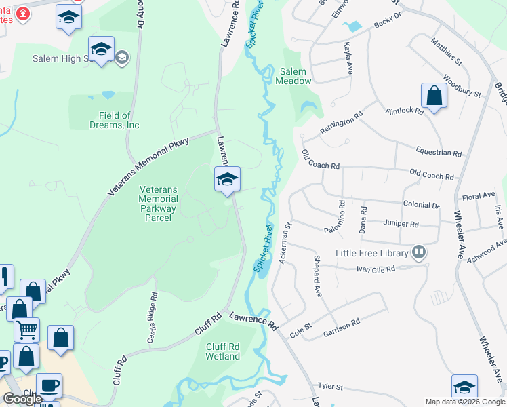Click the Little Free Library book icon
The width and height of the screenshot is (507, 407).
(420, 253)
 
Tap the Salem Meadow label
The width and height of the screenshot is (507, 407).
(293, 76)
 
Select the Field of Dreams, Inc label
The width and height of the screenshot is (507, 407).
(115, 120)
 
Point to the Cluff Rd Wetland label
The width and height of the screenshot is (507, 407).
(222, 351)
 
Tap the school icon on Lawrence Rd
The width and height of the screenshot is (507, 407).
(227, 180)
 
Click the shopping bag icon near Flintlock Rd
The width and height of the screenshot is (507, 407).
(434, 96)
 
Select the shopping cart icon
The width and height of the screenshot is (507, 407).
(26, 330)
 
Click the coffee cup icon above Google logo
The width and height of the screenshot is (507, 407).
(48, 385)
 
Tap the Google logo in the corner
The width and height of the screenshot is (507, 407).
(22, 399)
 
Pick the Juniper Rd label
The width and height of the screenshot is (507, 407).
(401, 224)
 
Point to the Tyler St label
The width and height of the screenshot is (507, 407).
(330, 387)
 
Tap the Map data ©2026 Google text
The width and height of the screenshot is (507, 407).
(464, 402)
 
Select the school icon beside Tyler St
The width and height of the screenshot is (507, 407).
(464, 387)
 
